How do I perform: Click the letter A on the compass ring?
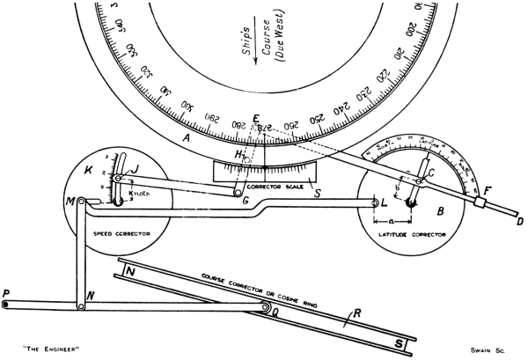[186, 138]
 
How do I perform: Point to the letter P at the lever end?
[6, 291]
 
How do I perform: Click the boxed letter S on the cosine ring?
[400, 341]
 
